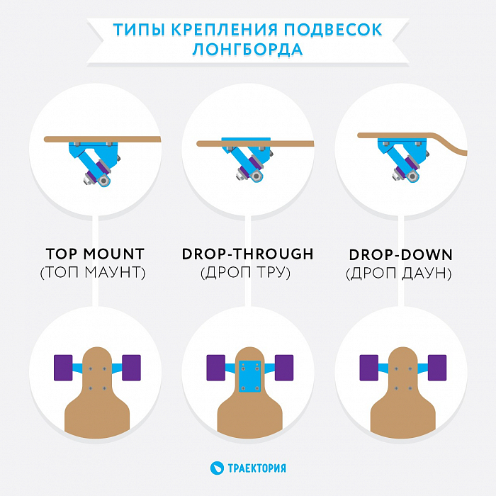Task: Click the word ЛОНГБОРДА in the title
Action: pyautogui.click(x=248, y=50)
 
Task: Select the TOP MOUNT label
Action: pyautogui.click(x=95, y=254)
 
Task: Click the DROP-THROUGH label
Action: pyautogui.click(x=248, y=254)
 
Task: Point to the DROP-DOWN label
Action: pyautogui.click(x=401, y=255)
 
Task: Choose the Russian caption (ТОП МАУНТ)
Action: pyautogui.click(x=93, y=272)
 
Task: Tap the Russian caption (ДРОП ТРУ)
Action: pyautogui.click(x=245, y=272)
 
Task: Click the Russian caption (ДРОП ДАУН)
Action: pyautogui.click(x=399, y=274)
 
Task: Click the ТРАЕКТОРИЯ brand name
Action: pyautogui.click(x=257, y=468)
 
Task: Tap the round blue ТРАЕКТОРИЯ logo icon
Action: pyautogui.click(x=217, y=468)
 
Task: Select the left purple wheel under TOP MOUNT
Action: pyautogui.click(x=63, y=368)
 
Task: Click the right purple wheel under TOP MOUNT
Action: pyautogui.click(x=131, y=368)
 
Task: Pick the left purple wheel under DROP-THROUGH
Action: pyautogui.click(x=215, y=368)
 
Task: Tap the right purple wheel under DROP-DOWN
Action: pyautogui.click(x=437, y=368)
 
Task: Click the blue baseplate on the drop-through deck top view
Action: pyautogui.click(x=250, y=376)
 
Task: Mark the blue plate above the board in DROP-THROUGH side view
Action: pyautogui.click(x=246, y=140)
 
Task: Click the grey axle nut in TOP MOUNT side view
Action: pyautogui.click(x=103, y=181)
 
